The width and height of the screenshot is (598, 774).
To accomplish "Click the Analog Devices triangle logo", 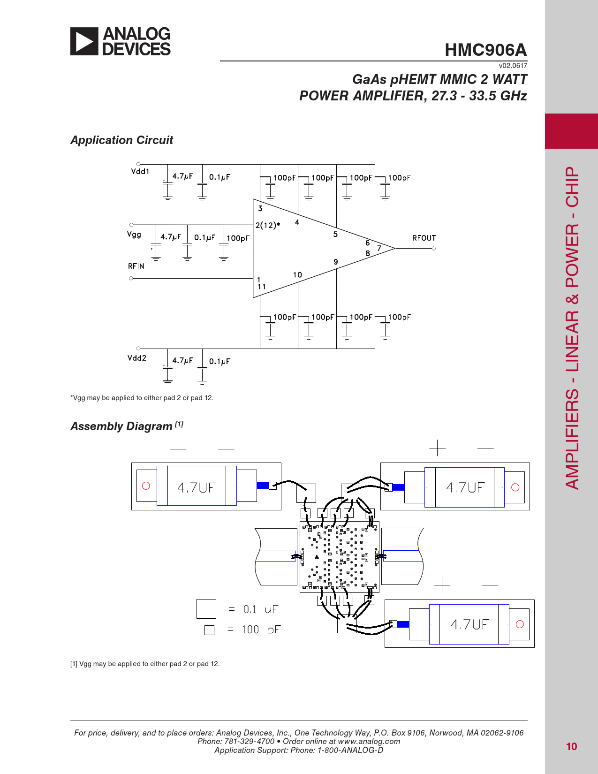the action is pyautogui.click(x=84, y=41).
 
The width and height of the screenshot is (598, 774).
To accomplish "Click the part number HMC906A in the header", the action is pyautogui.click(x=485, y=50).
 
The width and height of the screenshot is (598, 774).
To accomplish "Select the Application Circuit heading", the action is pyautogui.click(x=121, y=140).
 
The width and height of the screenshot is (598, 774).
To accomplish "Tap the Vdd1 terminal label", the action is pyautogui.click(x=140, y=171).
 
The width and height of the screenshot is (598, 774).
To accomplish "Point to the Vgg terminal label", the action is pyautogui.click(x=134, y=235).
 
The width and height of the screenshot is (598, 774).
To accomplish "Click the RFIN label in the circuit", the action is pyautogui.click(x=136, y=266).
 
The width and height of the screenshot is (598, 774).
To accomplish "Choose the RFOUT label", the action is pyautogui.click(x=424, y=238).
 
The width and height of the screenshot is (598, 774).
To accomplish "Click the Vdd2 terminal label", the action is pyautogui.click(x=137, y=358).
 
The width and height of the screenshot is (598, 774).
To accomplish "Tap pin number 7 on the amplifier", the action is pyautogui.click(x=379, y=248).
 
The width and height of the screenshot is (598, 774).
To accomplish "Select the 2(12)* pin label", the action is pyautogui.click(x=267, y=225).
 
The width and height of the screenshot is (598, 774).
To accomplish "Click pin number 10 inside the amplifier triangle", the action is pyautogui.click(x=297, y=274).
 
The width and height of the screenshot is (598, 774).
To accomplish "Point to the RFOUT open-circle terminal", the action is pyautogui.click(x=433, y=248).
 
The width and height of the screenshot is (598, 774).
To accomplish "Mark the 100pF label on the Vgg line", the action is pyautogui.click(x=238, y=238).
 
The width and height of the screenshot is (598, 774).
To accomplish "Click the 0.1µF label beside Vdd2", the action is pyautogui.click(x=220, y=361).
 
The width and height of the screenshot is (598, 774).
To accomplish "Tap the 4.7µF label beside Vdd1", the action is pyautogui.click(x=182, y=176).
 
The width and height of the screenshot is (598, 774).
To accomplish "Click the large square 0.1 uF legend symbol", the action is pyautogui.click(x=206, y=609).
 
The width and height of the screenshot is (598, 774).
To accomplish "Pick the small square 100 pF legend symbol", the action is pyautogui.click(x=210, y=630).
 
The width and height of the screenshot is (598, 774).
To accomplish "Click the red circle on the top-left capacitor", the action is pyautogui.click(x=146, y=486).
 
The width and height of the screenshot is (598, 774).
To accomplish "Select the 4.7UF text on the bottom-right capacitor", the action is pyautogui.click(x=470, y=624).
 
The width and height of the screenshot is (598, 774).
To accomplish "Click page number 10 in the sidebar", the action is pyautogui.click(x=571, y=746).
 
